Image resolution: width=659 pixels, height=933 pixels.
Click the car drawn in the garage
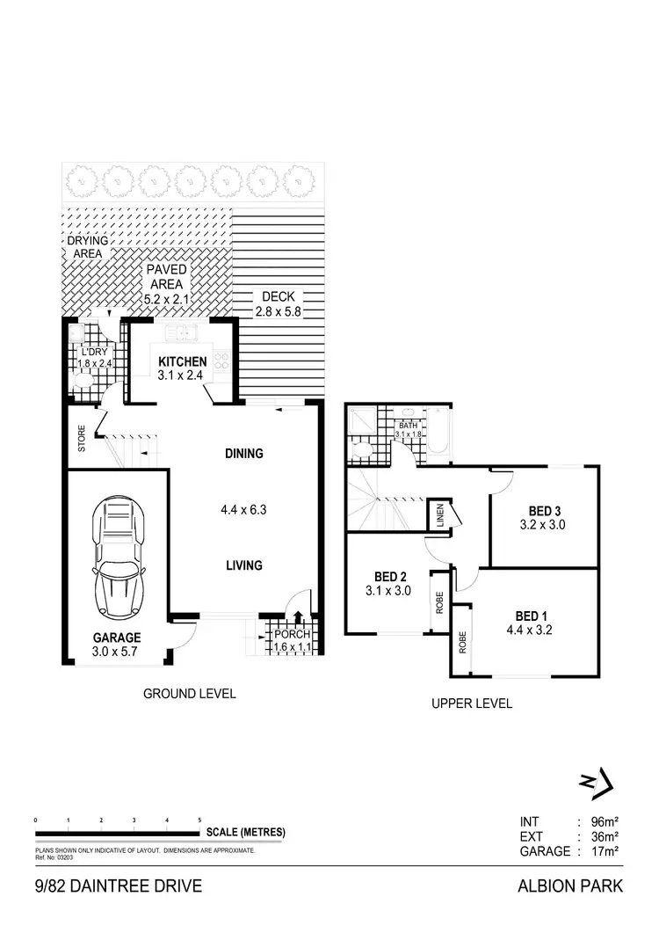point(120,556)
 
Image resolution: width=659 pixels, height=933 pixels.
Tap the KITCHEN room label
point(183,361)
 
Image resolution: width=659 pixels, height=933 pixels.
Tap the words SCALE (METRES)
point(245,833)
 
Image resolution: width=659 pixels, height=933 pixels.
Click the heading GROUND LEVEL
point(189,694)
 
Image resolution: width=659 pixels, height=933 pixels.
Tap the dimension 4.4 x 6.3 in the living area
point(243,509)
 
